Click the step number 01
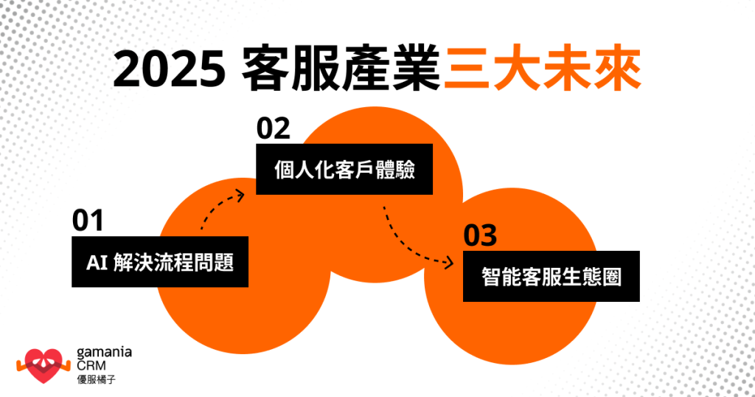click(x=88, y=221)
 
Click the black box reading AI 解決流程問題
click(x=160, y=262)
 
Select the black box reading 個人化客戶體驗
click(x=344, y=169)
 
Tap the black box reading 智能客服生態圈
click(x=551, y=276)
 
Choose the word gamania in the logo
click(x=104, y=352)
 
